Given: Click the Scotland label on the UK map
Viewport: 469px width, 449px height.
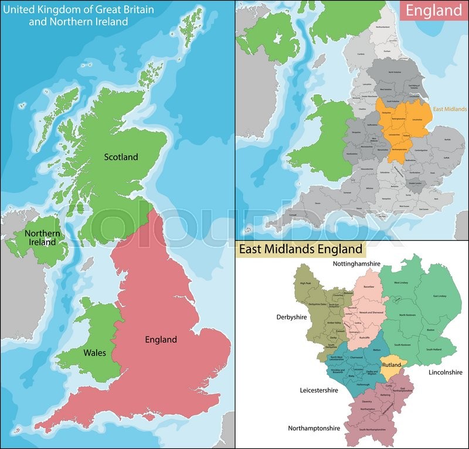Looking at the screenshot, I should point(121,157).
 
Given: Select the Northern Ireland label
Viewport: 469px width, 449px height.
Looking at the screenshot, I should point(42,238).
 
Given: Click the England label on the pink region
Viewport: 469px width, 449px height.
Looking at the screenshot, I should point(161,339).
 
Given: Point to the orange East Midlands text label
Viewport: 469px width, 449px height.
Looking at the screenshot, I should point(450,109).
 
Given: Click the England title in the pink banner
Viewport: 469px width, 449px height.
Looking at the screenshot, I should point(434,10).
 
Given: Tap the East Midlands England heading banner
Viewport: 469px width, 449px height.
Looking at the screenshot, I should point(300,249).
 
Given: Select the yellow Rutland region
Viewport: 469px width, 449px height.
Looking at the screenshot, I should point(391,365).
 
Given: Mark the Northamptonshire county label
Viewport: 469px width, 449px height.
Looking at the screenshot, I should point(314,428).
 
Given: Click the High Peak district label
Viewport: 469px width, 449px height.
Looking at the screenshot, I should point(305,284).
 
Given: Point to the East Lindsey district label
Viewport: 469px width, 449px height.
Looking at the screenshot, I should point(439,296).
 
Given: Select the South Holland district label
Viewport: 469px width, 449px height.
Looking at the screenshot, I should point(433,349).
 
